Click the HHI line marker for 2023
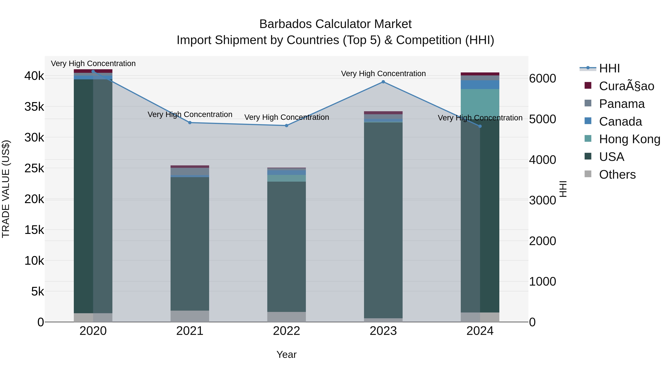point(383,82)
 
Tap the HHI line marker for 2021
point(190,123)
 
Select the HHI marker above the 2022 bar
point(286,125)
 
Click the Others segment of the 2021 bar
point(190,316)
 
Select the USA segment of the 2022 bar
point(286,247)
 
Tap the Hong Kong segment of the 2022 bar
point(286,178)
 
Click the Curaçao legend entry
point(626,86)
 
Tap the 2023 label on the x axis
point(383,331)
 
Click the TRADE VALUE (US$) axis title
point(6,189)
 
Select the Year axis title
point(286,354)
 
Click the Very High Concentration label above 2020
point(93,63)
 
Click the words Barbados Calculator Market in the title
point(335,24)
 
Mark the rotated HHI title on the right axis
point(563,189)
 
